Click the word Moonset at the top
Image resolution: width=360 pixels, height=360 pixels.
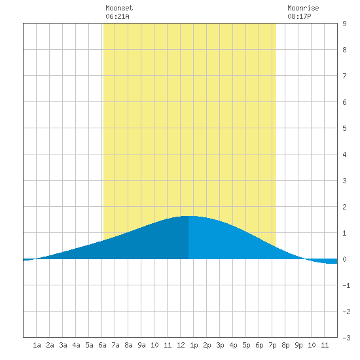pyautogui.click(x=119, y=8)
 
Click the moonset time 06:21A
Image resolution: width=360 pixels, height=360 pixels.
pyautogui.click(x=117, y=16)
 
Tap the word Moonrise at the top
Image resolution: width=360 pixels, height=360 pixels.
pyautogui.click(x=303, y=8)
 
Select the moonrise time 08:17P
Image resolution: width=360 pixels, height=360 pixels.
pyautogui.click(x=299, y=16)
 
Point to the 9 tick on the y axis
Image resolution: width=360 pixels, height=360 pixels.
pyautogui.click(x=344, y=24)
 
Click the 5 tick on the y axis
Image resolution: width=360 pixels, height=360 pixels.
pyautogui.click(x=344, y=128)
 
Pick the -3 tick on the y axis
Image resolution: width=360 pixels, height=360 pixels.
pyautogui.click(x=346, y=338)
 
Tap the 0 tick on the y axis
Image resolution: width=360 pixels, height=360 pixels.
pyautogui.click(x=344, y=259)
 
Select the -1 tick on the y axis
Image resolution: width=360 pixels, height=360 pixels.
pyautogui.click(x=346, y=285)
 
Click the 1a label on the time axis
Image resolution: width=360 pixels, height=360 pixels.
pyautogui.click(x=37, y=345)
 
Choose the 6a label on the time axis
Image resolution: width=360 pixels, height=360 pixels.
pyautogui.click(x=102, y=345)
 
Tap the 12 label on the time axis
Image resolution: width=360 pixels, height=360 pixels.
pyautogui.click(x=181, y=345)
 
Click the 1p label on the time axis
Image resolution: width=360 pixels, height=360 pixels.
pyautogui.click(x=194, y=345)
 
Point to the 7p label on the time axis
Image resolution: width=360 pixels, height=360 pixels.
pyautogui.click(x=272, y=345)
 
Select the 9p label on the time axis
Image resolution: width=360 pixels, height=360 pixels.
pyautogui.click(x=298, y=345)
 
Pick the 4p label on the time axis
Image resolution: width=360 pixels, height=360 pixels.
pyautogui.click(x=233, y=345)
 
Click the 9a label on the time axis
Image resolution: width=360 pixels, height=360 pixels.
pyautogui.click(x=141, y=345)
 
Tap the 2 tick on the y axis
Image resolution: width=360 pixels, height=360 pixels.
pyautogui.click(x=344, y=207)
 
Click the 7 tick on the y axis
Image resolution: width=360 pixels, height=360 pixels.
pyautogui.click(x=344, y=76)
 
